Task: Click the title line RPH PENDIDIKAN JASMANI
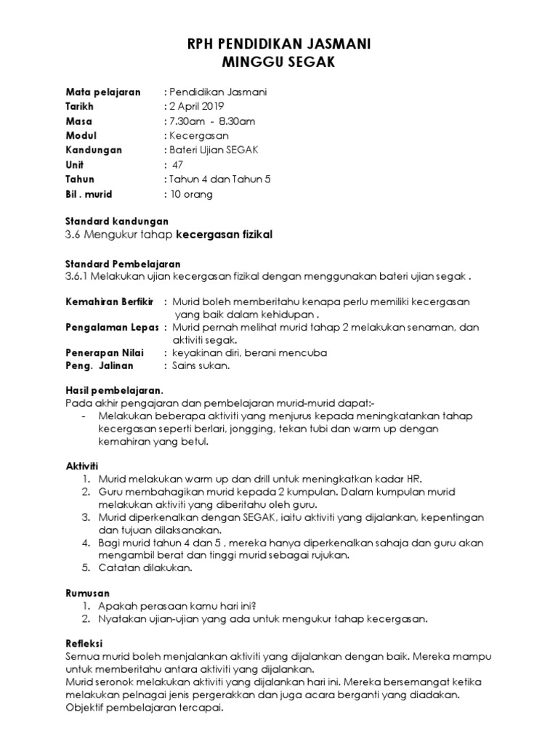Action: [x=279, y=45]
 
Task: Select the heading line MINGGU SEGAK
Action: [x=279, y=63]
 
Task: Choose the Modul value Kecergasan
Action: [x=198, y=136]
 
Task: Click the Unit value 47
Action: [x=178, y=165]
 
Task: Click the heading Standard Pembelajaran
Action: [x=122, y=264]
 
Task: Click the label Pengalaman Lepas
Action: [x=112, y=328]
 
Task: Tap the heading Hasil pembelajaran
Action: [x=114, y=390]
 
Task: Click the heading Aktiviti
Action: [x=81, y=464]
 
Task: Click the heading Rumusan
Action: [x=86, y=594]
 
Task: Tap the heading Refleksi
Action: [x=84, y=643]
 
